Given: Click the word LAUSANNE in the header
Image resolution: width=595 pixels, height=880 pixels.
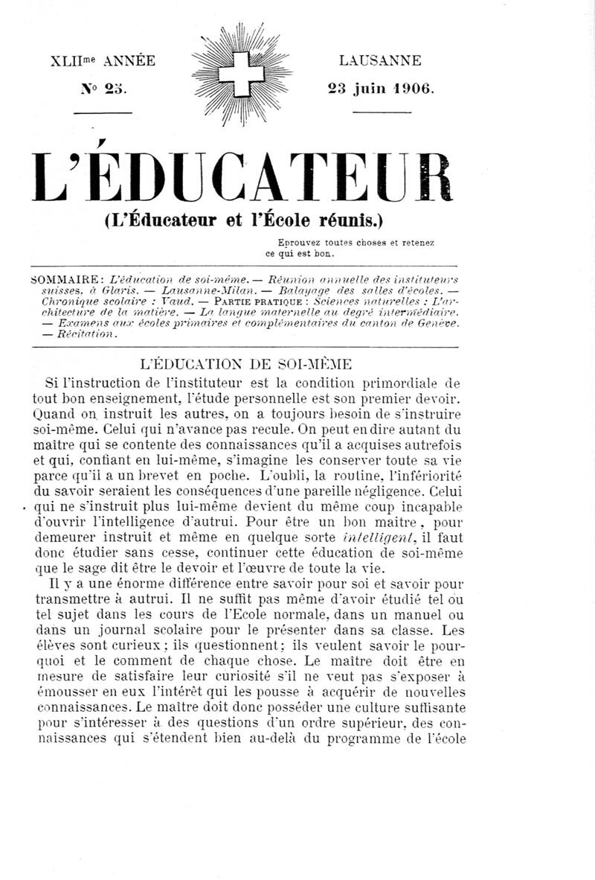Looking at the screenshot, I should click(x=379, y=60).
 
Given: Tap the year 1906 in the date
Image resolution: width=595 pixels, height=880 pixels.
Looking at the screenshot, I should click(x=411, y=88).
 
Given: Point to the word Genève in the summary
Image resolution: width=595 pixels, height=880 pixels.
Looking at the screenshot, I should click(x=434, y=323).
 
